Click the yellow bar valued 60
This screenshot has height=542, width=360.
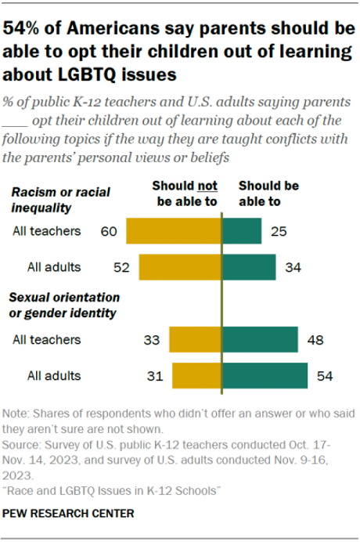click(x=174, y=232)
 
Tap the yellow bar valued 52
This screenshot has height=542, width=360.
click(x=181, y=267)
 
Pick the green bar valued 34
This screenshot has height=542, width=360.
click(x=249, y=267)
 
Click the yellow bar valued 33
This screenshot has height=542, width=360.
click(x=196, y=341)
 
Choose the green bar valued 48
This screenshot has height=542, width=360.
click(x=260, y=341)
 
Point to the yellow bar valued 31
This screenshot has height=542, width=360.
click(x=197, y=376)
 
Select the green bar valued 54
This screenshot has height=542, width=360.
click(x=265, y=376)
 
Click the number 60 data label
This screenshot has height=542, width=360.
click(x=110, y=232)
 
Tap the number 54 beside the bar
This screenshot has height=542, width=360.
click(x=325, y=376)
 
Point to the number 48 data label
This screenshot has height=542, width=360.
click(x=315, y=341)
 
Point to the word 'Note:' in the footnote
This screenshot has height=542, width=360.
click(x=19, y=413)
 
